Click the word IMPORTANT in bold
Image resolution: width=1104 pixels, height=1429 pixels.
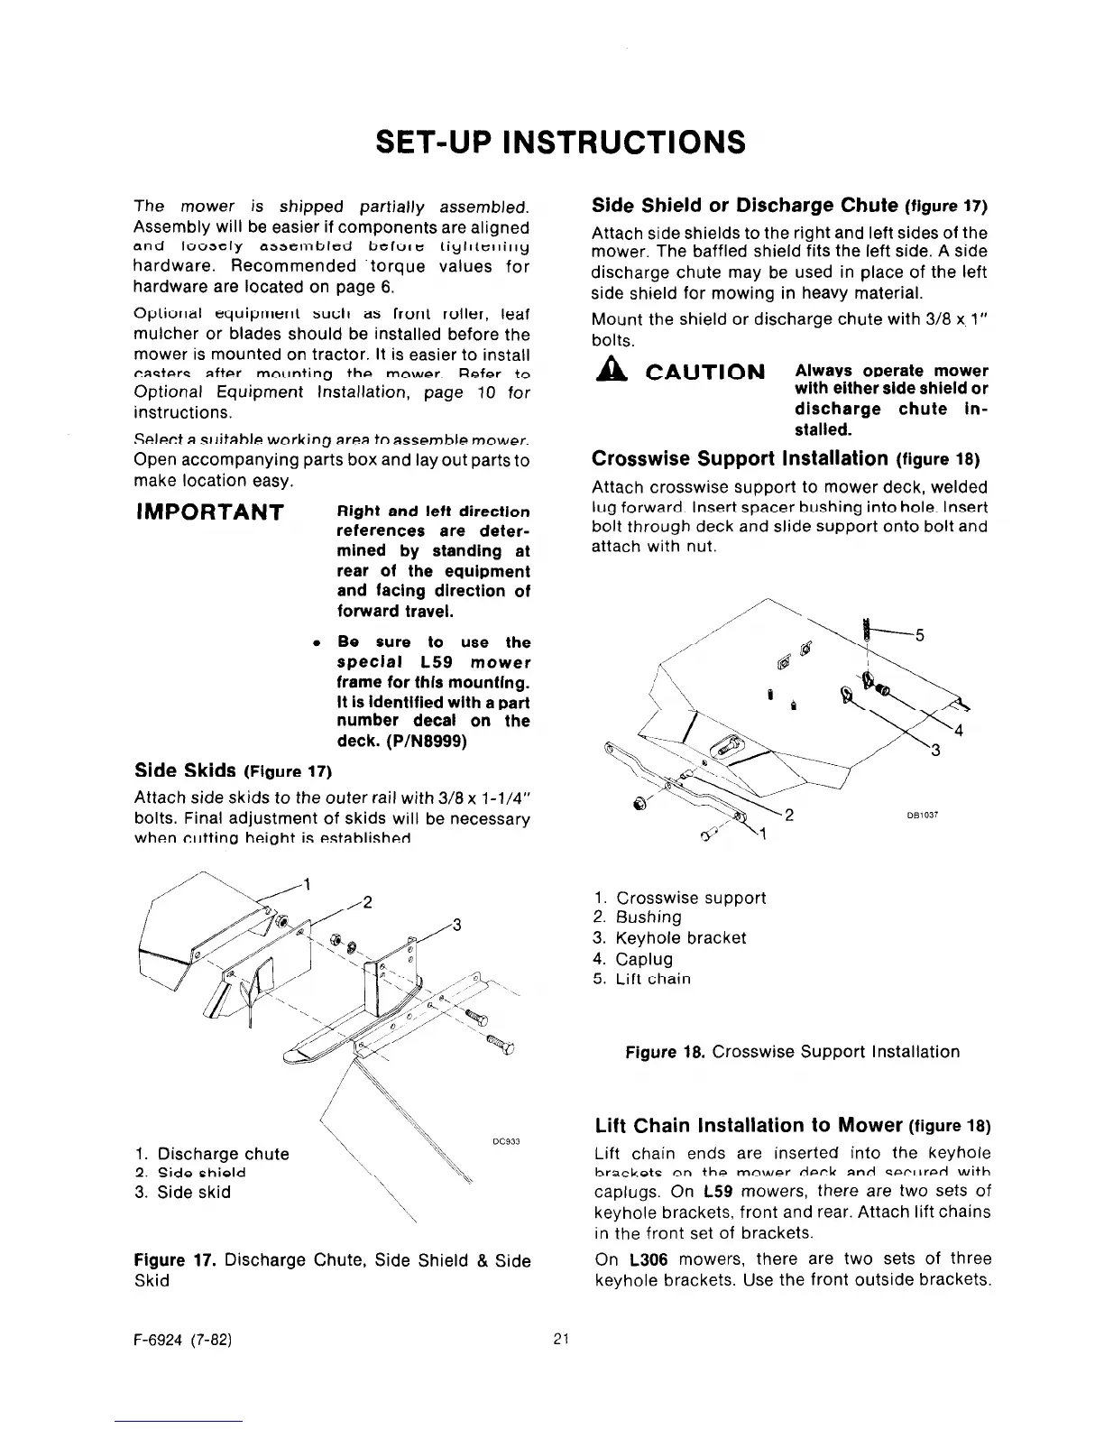tap(209, 512)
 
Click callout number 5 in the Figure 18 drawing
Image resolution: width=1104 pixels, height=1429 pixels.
tap(920, 635)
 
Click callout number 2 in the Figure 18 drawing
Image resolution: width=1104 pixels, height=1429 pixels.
tap(789, 816)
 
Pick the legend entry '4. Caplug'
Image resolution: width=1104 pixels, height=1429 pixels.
tap(633, 959)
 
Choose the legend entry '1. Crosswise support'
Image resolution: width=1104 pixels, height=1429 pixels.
tap(680, 898)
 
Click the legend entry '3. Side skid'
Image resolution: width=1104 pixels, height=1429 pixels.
tap(182, 1192)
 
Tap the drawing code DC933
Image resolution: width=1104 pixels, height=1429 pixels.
tap(504, 1140)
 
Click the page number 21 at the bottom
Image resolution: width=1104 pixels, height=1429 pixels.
tap(559, 1339)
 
